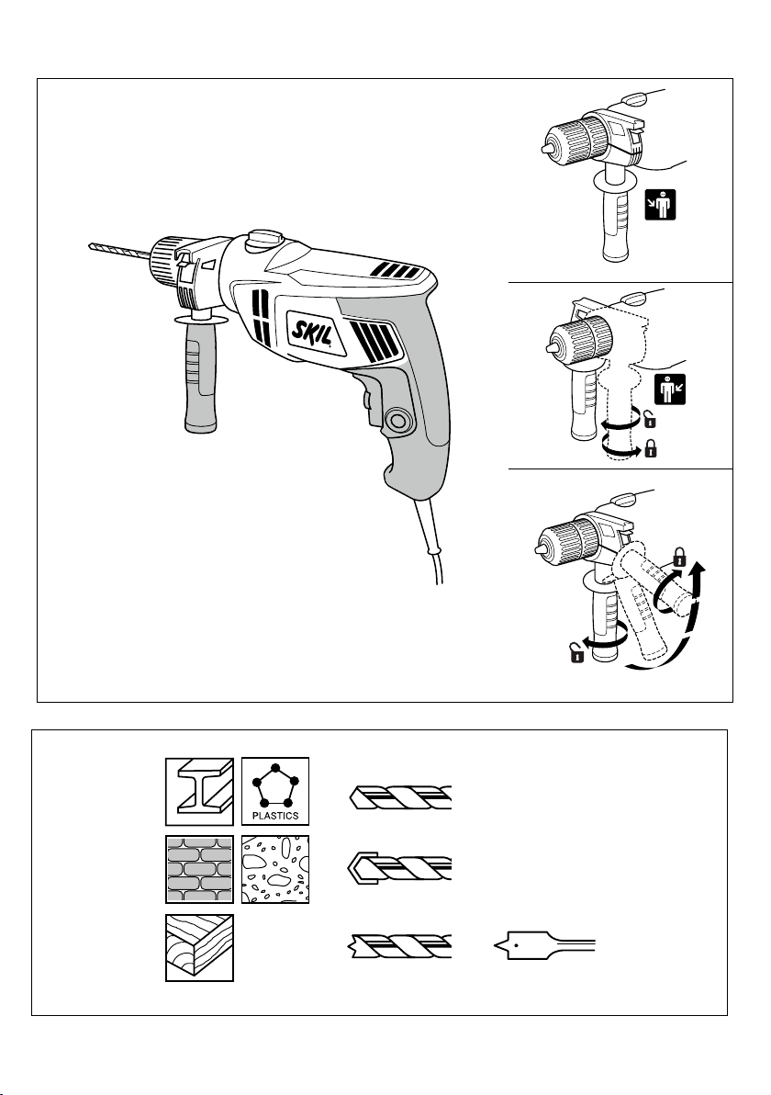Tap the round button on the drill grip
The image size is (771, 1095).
399,422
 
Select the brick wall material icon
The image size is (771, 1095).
199,869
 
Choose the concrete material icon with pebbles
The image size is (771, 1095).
275,869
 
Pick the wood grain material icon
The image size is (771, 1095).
199,947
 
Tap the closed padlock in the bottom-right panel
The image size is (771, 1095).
680,555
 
